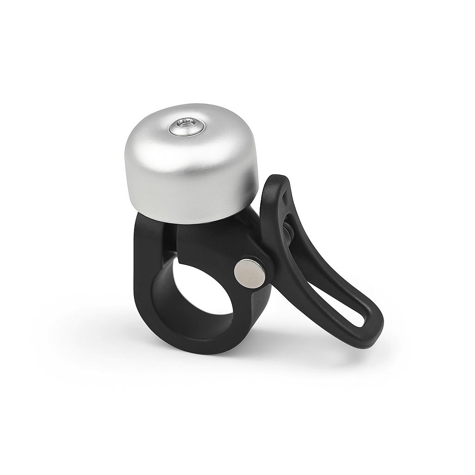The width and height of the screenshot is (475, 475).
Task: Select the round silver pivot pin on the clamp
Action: tap(250, 274)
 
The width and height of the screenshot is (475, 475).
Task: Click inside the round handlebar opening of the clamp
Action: tap(204, 288)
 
